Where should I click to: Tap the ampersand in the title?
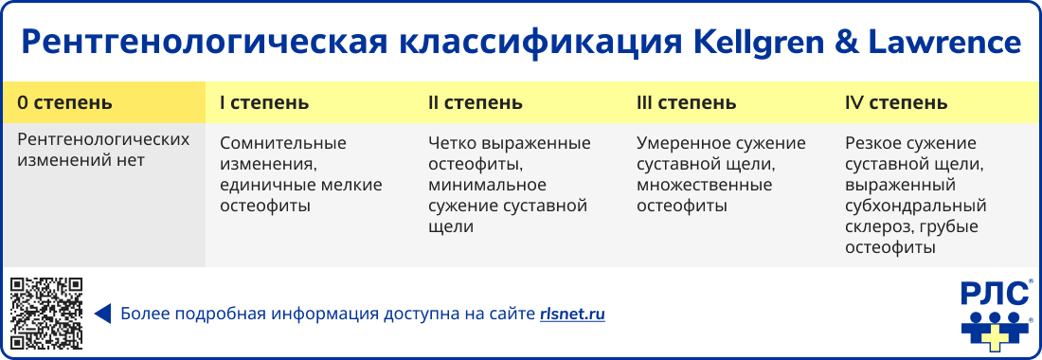point(857,43)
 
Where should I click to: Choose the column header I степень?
point(264,102)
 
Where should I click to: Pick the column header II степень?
point(475,102)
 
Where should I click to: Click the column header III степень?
point(686,102)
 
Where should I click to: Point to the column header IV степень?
point(895,102)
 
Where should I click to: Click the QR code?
point(46,313)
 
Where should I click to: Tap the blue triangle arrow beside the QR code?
point(103,314)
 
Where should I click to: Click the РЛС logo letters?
point(995,295)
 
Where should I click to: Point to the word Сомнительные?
point(283,143)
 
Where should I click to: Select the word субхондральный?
point(915,206)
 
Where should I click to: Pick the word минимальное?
point(484,185)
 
